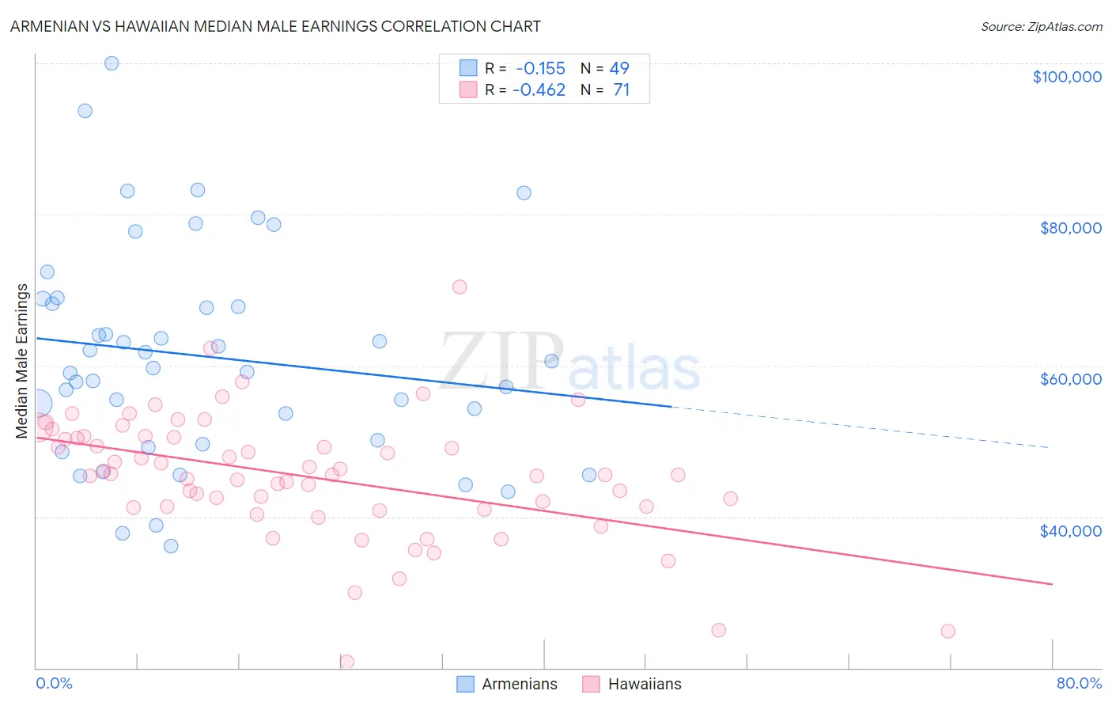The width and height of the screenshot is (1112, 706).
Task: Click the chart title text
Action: coord(275,26)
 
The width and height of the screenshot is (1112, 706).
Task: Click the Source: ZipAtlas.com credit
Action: coord(1041,27)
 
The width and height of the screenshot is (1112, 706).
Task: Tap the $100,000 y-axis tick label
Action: coord(1067,77)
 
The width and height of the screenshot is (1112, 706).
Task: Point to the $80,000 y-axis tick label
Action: coord(1070,228)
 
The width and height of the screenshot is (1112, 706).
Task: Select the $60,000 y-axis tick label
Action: coord(1070,379)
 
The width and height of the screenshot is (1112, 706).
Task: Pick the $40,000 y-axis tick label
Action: coord(1070,531)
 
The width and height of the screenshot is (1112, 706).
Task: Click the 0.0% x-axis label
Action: coord(54,683)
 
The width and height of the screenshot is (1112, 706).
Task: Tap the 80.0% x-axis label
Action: coord(1079,683)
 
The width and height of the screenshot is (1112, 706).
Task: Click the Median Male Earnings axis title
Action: coord(22,361)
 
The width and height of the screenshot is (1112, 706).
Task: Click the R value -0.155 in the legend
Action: coord(540,68)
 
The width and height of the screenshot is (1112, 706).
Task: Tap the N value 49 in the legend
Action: coord(619,68)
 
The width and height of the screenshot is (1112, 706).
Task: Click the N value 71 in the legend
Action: coord(621,90)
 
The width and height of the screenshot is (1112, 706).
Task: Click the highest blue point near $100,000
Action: coord(112,63)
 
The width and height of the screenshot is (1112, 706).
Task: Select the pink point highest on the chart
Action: coord(460,287)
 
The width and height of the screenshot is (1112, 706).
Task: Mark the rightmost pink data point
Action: coord(947,631)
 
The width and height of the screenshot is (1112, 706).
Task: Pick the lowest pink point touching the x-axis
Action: coord(346,662)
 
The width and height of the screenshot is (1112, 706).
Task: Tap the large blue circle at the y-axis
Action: coord(37,404)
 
